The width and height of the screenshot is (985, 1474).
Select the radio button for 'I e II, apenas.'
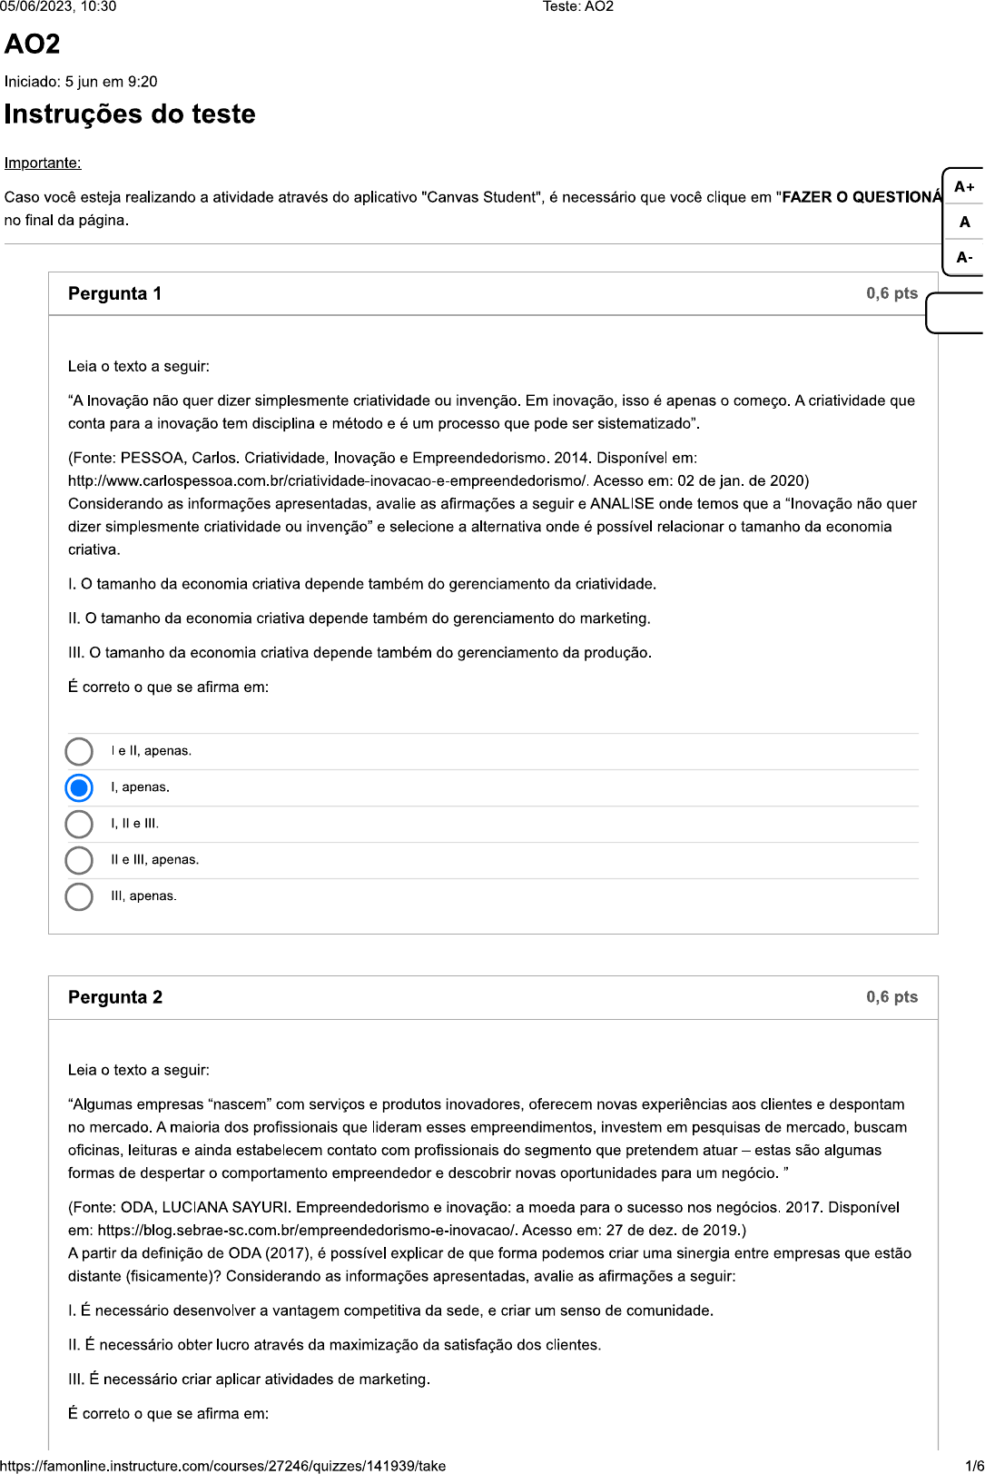point(79,751)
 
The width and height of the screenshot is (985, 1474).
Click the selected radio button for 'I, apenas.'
point(79,787)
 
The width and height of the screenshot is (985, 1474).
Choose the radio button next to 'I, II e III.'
point(79,824)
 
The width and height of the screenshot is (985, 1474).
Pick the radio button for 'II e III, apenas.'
point(79,860)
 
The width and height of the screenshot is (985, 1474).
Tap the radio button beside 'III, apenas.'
point(79,896)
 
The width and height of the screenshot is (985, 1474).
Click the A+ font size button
point(964,187)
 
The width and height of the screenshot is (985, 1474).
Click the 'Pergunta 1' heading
point(114,293)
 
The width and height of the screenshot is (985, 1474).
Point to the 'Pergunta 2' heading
point(114,997)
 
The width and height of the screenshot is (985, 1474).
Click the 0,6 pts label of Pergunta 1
point(891,293)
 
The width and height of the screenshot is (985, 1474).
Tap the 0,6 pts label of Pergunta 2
point(891,997)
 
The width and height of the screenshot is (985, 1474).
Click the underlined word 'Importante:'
point(43,163)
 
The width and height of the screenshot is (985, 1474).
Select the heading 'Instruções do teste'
point(130,114)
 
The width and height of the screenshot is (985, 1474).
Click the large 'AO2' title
point(33,44)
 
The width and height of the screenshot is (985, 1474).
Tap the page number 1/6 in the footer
point(974,1466)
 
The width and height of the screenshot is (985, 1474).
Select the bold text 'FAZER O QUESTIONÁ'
point(862,197)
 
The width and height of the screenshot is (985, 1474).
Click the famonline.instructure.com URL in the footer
point(223,1466)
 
